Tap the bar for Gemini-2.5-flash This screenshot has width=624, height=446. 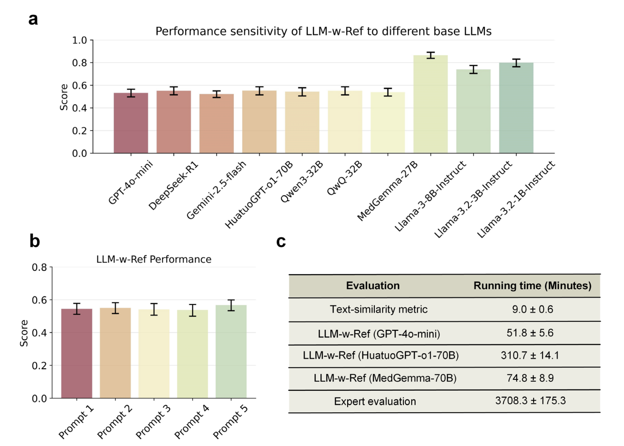click(216, 124)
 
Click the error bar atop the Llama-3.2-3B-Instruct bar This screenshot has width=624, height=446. click(473, 69)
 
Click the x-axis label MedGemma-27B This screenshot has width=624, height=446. click(388, 190)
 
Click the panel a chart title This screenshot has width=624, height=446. click(323, 31)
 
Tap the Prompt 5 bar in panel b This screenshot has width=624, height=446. click(231, 352)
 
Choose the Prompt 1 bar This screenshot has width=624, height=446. click(77, 354)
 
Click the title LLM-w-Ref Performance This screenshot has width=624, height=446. click(154, 259)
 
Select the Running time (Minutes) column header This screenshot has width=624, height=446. click(532, 286)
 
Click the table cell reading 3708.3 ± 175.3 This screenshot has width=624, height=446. click(530, 401)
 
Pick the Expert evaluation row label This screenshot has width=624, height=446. click(375, 401)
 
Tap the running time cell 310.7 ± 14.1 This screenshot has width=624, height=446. click(530, 356)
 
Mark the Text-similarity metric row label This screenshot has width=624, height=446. click(379, 310)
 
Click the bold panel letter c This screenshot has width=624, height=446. click(281, 241)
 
